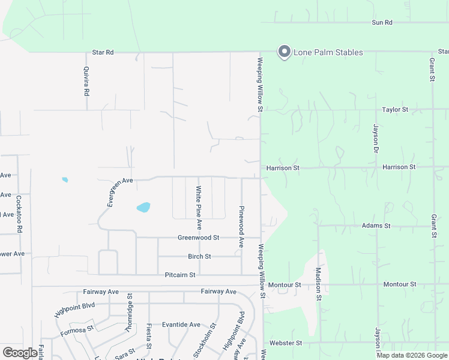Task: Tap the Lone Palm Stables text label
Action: coord(328,52)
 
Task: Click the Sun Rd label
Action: coord(382,23)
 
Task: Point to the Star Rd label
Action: coord(103,52)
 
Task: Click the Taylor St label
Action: coord(395,110)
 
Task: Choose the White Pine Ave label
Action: coord(199,208)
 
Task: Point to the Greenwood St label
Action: coord(199,238)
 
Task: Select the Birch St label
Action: coord(199,256)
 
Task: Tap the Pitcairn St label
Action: coord(180,275)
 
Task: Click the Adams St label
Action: coord(376,226)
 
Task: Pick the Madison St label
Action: coord(319,280)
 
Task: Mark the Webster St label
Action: coord(285,343)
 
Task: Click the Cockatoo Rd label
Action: coord(19,213)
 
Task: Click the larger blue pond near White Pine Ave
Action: coord(143,208)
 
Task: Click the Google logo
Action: coord(20,353)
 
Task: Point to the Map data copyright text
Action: coord(412,355)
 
